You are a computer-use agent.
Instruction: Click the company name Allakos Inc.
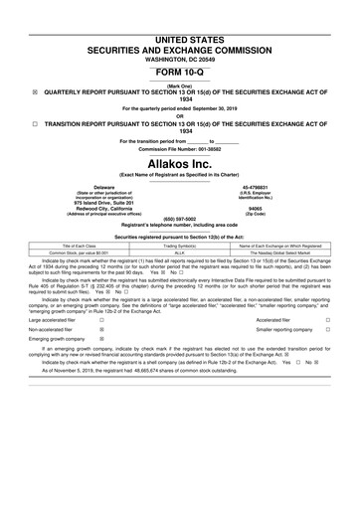pos(180,161)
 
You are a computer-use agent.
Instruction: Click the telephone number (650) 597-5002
pos(180,219)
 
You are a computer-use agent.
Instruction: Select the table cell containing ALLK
pos(180,254)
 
